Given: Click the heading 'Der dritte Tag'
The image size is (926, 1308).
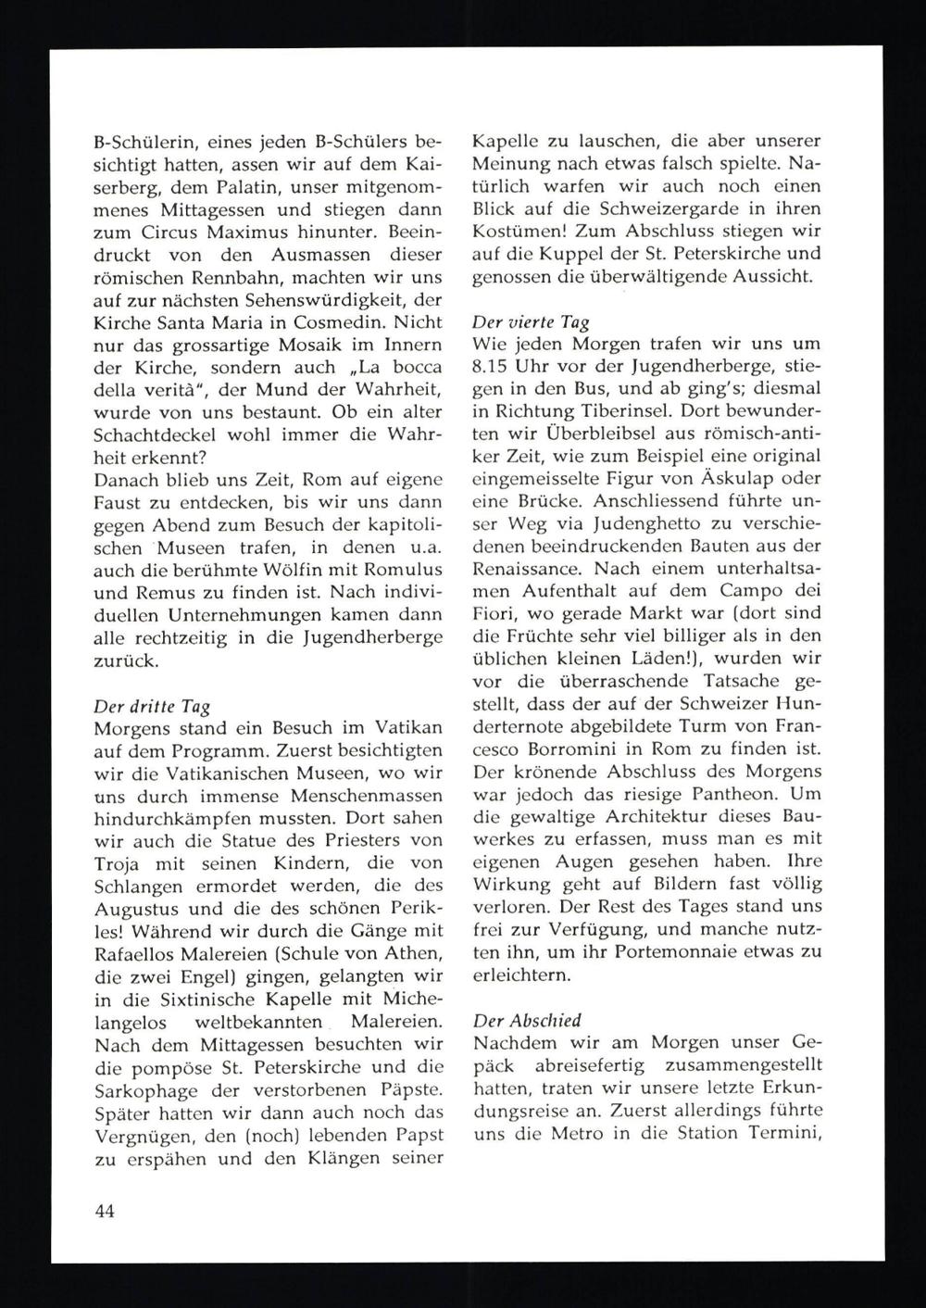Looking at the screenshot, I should click(152, 707).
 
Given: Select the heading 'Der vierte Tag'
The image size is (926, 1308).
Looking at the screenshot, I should click(531, 323).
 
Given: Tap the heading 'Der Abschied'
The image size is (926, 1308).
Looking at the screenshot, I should click(527, 1020).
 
